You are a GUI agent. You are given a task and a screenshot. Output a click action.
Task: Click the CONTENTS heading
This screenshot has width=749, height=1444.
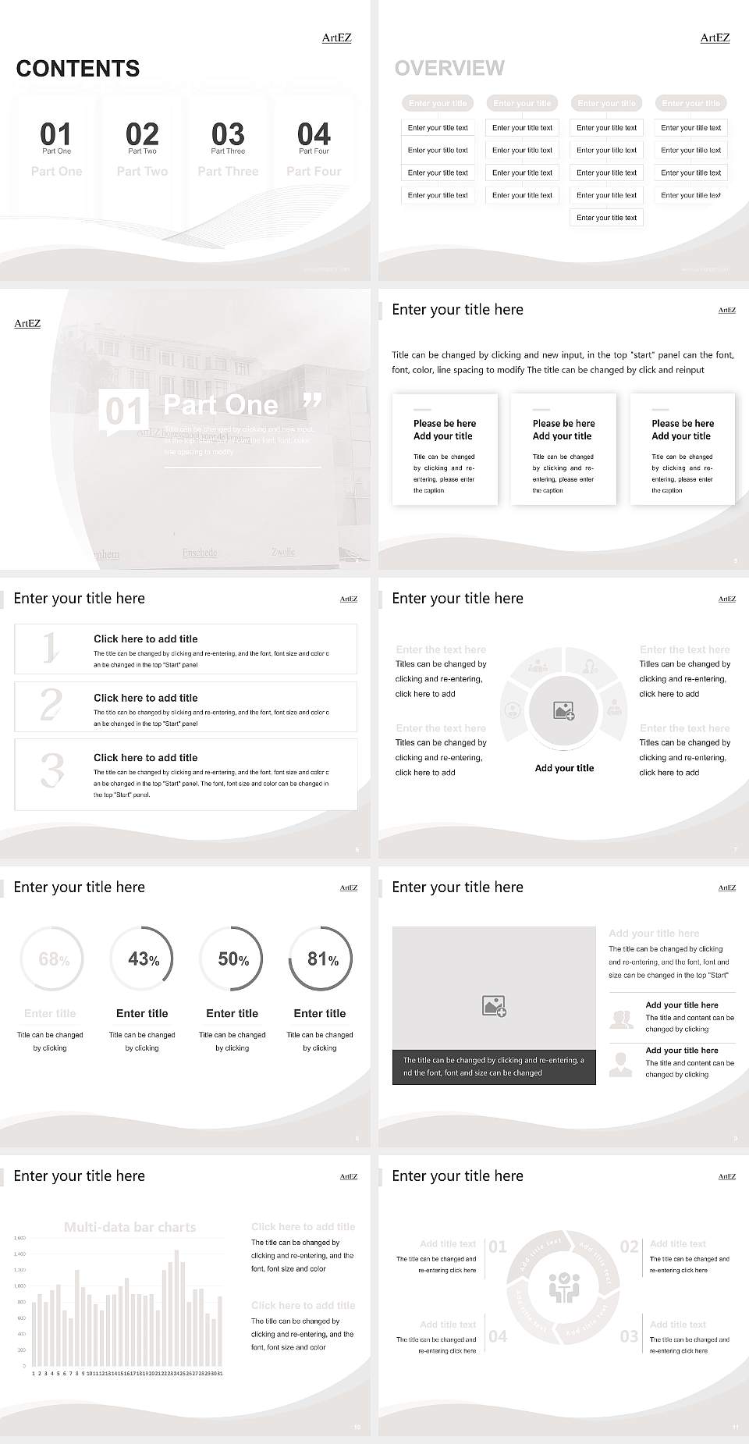point(77,69)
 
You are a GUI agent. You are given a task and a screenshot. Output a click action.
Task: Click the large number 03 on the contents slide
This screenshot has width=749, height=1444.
point(228,133)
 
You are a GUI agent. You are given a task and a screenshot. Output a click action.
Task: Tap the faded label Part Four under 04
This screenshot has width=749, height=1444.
point(314,171)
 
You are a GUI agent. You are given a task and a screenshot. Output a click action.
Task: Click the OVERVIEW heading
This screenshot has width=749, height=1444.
point(449,68)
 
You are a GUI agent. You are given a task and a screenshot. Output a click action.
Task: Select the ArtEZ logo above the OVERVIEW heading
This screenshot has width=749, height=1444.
point(715,37)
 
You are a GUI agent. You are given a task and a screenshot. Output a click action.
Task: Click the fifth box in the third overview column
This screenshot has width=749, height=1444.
point(606,218)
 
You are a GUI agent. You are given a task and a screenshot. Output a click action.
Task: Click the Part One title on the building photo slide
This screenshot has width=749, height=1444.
point(221,404)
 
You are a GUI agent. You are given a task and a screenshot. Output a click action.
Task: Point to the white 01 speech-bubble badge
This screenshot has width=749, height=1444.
point(123,411)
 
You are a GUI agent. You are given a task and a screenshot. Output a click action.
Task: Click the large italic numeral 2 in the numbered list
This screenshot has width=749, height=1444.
point(51,704)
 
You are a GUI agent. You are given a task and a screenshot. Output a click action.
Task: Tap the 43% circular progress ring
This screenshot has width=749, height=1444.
point(142,959)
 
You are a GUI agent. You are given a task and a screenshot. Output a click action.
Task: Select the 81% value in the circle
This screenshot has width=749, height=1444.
point(322,959)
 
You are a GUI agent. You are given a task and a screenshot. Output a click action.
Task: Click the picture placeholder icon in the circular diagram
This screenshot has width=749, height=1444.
point(563,710)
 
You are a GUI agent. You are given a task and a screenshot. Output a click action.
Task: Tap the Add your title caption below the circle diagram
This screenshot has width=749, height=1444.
point(564,768)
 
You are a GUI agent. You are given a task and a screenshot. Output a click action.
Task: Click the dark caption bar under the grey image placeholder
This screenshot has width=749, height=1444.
point(493,1066)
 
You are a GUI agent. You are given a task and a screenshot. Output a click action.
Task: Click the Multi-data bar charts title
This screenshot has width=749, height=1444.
point(130,1227)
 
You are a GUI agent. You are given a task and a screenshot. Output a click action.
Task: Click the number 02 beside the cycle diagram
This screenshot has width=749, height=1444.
point(629,1247)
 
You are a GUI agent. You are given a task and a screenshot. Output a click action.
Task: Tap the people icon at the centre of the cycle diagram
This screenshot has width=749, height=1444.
point(563,1288)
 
